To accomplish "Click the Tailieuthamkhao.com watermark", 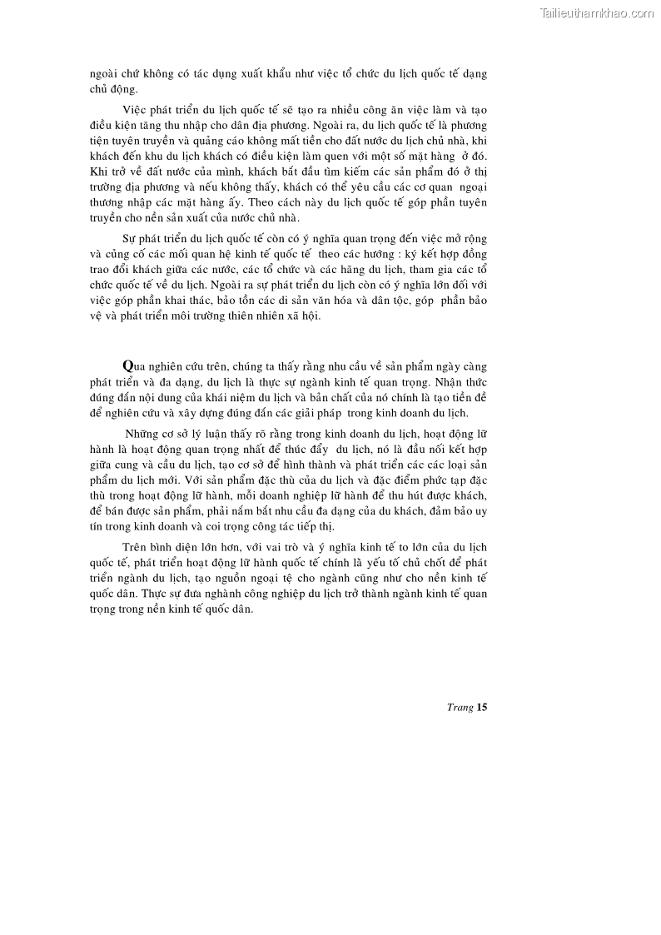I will point(597,12).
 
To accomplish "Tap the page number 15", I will point(481,708).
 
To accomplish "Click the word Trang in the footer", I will point(460,708).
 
